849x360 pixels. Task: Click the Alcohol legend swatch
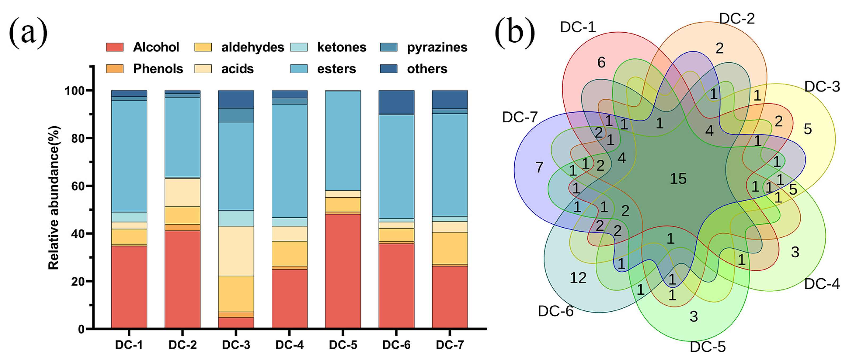tap(115, 47)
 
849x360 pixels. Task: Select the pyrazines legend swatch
tap(389, 47)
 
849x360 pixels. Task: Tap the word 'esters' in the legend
tap(336, 69)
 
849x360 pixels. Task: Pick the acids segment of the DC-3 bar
tap(236, 251)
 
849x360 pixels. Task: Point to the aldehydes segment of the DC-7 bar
tap(450, 248)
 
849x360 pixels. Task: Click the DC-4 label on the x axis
tap(289, 345)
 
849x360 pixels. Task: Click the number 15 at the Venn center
tap(678, 179)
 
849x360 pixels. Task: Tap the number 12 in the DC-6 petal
tap(578, 278)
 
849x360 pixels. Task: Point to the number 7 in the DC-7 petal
tap(539, 167)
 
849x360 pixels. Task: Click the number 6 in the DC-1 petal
tap(601, 62)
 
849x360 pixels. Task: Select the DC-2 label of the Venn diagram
tap(737, 19)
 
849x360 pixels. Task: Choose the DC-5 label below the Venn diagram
tap(708, 347)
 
